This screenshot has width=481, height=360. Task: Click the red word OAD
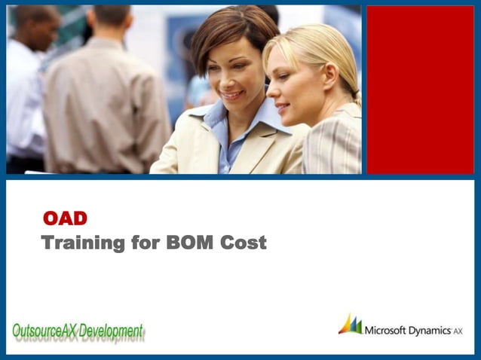click(66, 218)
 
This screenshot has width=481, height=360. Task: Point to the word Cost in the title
click(244, 243)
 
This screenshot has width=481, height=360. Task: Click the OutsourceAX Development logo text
click(78, 331)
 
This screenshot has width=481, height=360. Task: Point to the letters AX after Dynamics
click(458, 331)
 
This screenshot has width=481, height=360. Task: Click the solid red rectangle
click(420, 90)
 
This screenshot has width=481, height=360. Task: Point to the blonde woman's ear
click(325, 81)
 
